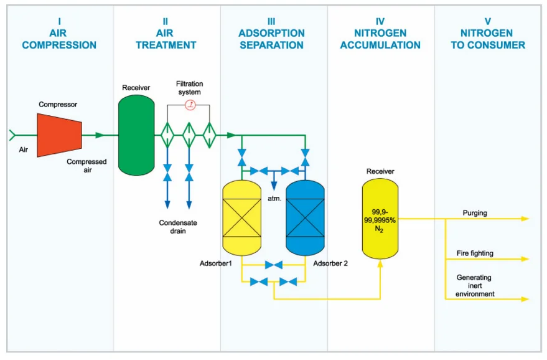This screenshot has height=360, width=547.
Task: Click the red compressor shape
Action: coord(60,135)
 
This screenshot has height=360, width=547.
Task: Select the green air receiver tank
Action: coord(136,135)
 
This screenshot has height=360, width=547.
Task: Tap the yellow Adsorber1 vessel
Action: coord(242,217)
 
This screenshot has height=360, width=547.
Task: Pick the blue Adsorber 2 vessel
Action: coord(305,217)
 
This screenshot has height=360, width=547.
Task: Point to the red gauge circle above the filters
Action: coord(191,105)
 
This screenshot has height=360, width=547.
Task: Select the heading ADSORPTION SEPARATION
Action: coord(272,39)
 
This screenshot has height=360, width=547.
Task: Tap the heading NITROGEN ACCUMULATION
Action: coord(380,39)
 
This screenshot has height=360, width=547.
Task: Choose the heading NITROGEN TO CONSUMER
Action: coord(488,39)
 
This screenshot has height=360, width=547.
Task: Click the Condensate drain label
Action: coord(177,227)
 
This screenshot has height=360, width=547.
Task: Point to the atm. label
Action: coord(274,199)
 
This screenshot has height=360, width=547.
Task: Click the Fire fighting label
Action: coord(475,253)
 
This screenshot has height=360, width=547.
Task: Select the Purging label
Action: coord(475,213)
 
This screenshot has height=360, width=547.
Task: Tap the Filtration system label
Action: coord(189,88)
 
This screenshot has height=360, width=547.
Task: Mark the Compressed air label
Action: coord(86,166)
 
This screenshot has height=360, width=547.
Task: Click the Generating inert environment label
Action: coord(475,285)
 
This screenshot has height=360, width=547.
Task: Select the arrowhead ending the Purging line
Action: coord(525,219)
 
